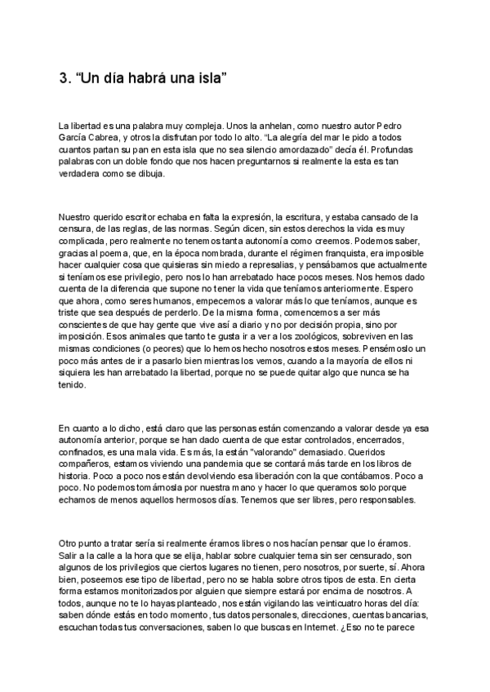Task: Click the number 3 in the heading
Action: tap(65, 79)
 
